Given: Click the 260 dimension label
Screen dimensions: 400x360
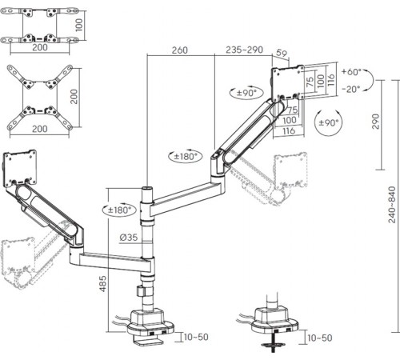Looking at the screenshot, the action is [179, 50].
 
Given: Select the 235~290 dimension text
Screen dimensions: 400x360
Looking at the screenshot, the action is [244, 50].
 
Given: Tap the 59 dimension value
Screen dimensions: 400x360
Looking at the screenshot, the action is [282, 53].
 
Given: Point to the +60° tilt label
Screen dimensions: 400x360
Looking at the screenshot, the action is [351, 72].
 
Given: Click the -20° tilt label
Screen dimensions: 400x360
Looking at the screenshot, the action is [351, 89].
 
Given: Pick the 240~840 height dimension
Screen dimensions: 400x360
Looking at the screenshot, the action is [392, 205].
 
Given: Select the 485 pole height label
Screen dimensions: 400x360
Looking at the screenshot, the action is [102, 284].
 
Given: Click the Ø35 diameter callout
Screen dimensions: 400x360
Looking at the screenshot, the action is [129, 237].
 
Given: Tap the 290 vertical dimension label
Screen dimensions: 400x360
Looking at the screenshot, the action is [375, 122].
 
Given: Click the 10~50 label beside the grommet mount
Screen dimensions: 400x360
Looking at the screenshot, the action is [320, 338].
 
